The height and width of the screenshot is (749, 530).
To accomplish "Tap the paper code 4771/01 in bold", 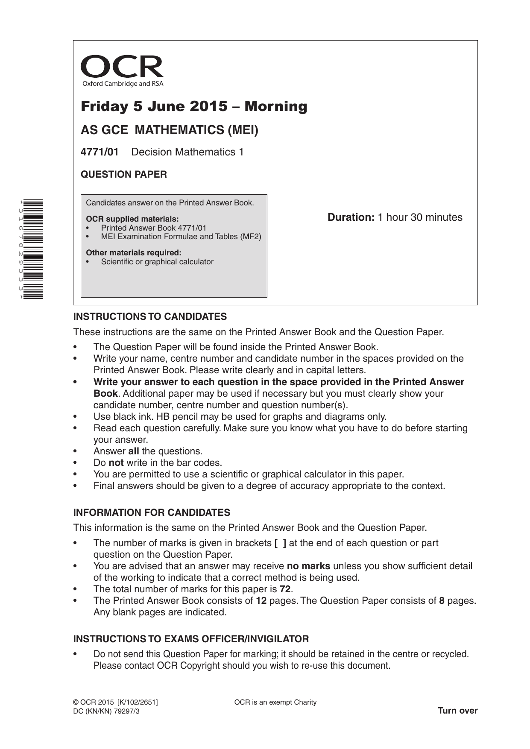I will point(100,152).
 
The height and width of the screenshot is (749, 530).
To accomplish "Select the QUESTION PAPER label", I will point(124,174).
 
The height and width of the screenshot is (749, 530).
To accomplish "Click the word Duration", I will point(351,217).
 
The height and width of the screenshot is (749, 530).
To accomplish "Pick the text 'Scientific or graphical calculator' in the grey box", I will point(157,262).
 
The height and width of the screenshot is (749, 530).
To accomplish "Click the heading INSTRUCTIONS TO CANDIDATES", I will point(150,317).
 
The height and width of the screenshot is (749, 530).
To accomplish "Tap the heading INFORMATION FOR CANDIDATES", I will point(152,512).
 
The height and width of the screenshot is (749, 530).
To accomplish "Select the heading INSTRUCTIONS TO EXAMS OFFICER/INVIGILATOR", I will point(191,639).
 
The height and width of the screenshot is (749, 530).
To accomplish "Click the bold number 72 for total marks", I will point(285,589).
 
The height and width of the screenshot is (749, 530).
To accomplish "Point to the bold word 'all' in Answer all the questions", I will point(134,451).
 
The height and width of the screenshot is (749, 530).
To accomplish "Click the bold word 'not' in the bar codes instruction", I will point(116,463).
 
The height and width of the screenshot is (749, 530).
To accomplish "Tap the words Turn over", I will point(457,711).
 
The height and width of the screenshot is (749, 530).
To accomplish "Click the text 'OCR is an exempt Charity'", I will point(275,702).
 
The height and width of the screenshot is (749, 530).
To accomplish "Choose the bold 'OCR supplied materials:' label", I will point(132,219).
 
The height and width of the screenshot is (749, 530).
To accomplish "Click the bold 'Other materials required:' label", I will point(134,253).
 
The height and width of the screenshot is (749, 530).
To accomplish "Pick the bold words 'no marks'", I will point(308,566).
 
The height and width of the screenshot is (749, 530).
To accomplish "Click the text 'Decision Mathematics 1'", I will point(187,152).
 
